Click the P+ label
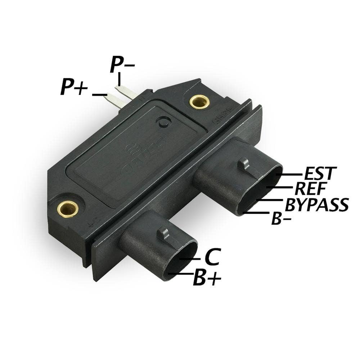click(x=74, y=87)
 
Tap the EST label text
click(x=320, y=174)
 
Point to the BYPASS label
click(x=317, y=204)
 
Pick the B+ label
click(x=207, y=278)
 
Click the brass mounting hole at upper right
click(x=200, y=102)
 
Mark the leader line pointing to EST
click(x=289, y=175)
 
